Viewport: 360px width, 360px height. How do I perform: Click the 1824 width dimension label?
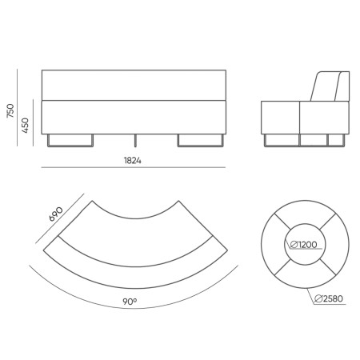point(133,161)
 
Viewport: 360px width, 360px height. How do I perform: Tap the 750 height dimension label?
point(10,110)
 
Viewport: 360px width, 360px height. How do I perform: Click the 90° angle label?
point(130,302)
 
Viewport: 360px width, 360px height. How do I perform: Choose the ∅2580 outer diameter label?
point(330,298)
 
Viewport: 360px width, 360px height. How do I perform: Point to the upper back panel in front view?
point(134,85)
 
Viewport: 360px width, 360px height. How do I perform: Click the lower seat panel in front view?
point(134,116)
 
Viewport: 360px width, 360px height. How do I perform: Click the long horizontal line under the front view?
point(134,169)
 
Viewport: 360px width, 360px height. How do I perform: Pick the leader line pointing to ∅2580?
point(314,290)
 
